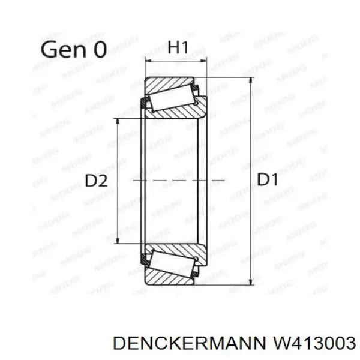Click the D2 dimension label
coord(97,181)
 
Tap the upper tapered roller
coord(173,100)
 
